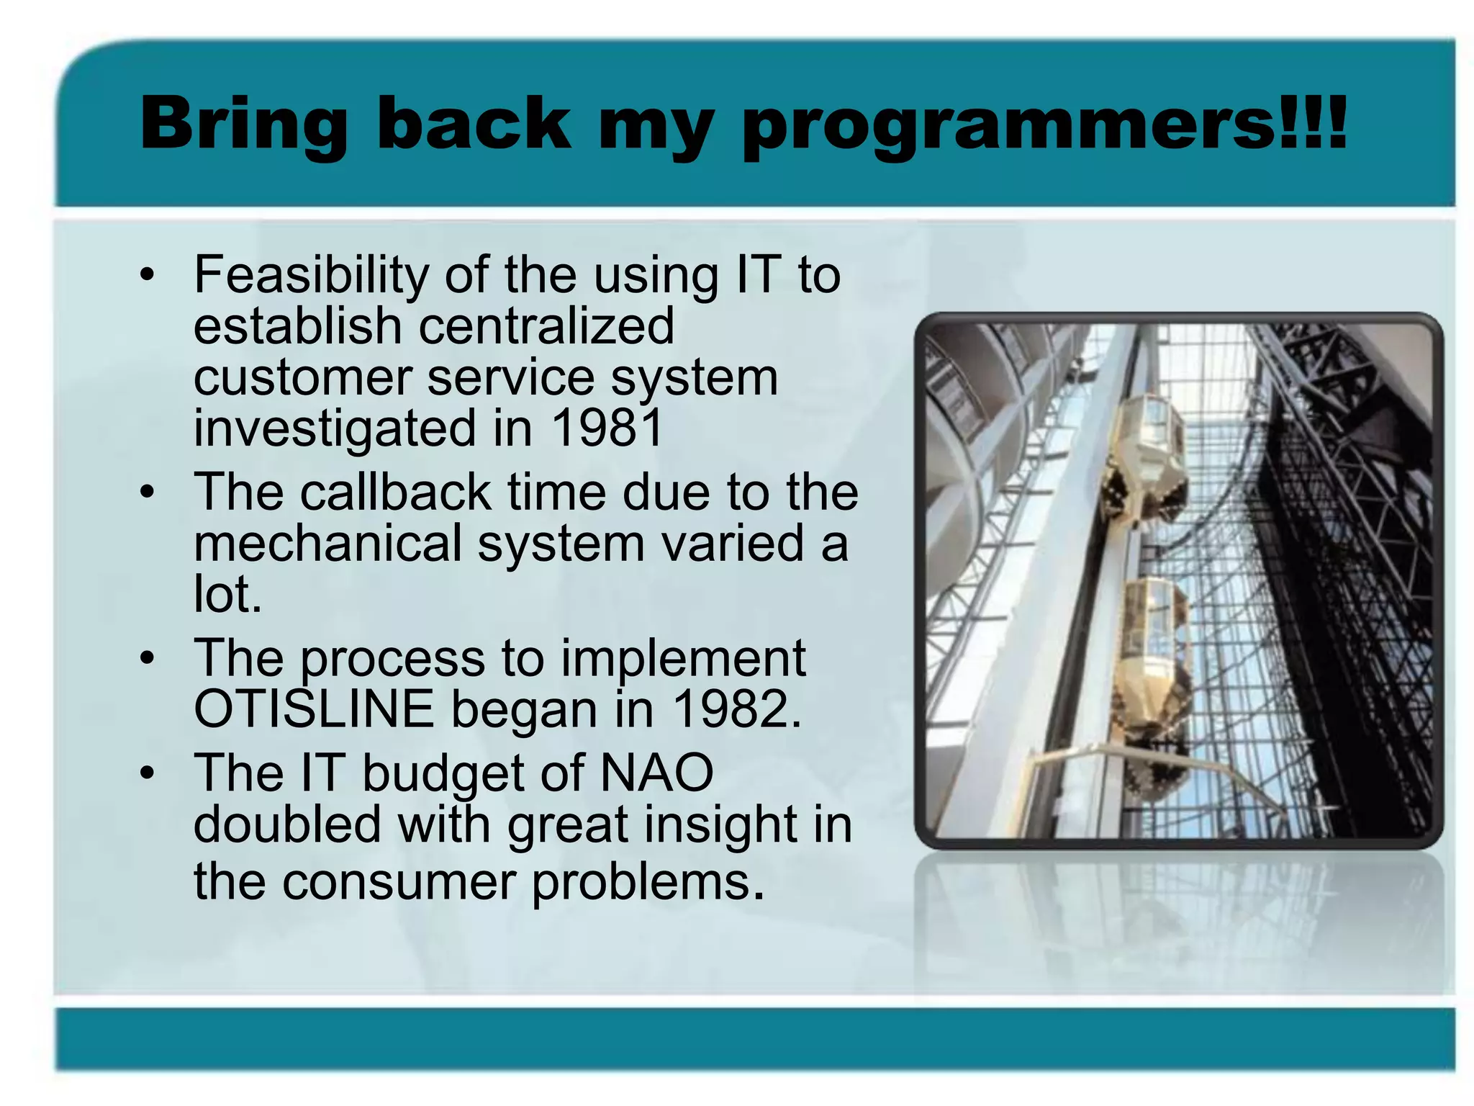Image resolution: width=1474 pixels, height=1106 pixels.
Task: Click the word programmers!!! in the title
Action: point(1044,126)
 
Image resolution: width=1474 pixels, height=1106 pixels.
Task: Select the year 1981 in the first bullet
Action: point(606,428)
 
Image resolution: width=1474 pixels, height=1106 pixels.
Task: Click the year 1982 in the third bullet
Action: point(736,709)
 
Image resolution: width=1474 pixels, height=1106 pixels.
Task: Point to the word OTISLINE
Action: point(315,709)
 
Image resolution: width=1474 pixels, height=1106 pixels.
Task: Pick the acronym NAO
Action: point(656,773)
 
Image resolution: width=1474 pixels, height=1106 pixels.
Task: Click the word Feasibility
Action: point(311,275)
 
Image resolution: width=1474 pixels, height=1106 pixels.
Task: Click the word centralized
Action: point(546,325)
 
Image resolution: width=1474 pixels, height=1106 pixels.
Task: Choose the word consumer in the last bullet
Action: point(399,882)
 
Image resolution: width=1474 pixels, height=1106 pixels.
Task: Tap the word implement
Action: point(683,659)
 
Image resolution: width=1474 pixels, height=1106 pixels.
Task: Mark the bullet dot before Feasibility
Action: point(148,276)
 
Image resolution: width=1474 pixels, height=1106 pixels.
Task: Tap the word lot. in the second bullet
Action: point(227,595)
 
